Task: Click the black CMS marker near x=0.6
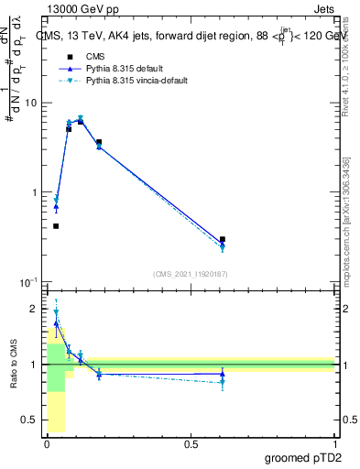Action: [223, 239]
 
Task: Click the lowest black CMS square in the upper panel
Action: [56, 225]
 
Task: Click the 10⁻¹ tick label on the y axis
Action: [27, 282]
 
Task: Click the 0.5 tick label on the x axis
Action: [191, 444]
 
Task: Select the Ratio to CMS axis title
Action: [15, 365]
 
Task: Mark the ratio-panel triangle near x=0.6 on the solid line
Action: [223, 374]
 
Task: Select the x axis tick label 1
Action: [334, 444]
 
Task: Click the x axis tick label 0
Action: [47, 444]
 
